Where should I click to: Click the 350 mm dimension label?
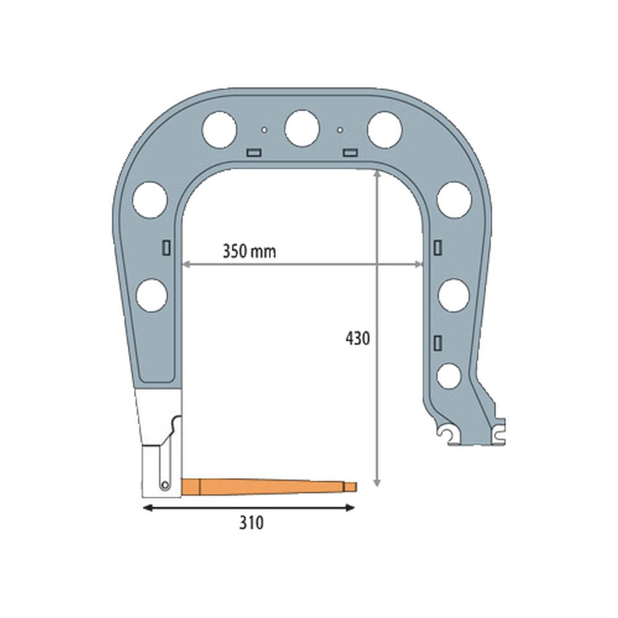tap(249, 252)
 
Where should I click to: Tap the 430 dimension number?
tap(357, 339)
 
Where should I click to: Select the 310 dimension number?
tap(252, 523)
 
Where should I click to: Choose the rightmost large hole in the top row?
tap(384, 129)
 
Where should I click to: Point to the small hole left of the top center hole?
tap(264, 130)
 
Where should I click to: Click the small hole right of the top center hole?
tap(340, 130)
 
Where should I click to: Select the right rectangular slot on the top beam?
tap(350, 152)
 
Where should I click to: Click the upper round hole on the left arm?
tap(151, 200)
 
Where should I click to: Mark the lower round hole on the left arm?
tap(152, 295)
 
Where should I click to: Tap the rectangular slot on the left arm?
tap(166, 248)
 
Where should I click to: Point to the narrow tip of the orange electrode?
tap(351, 486)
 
